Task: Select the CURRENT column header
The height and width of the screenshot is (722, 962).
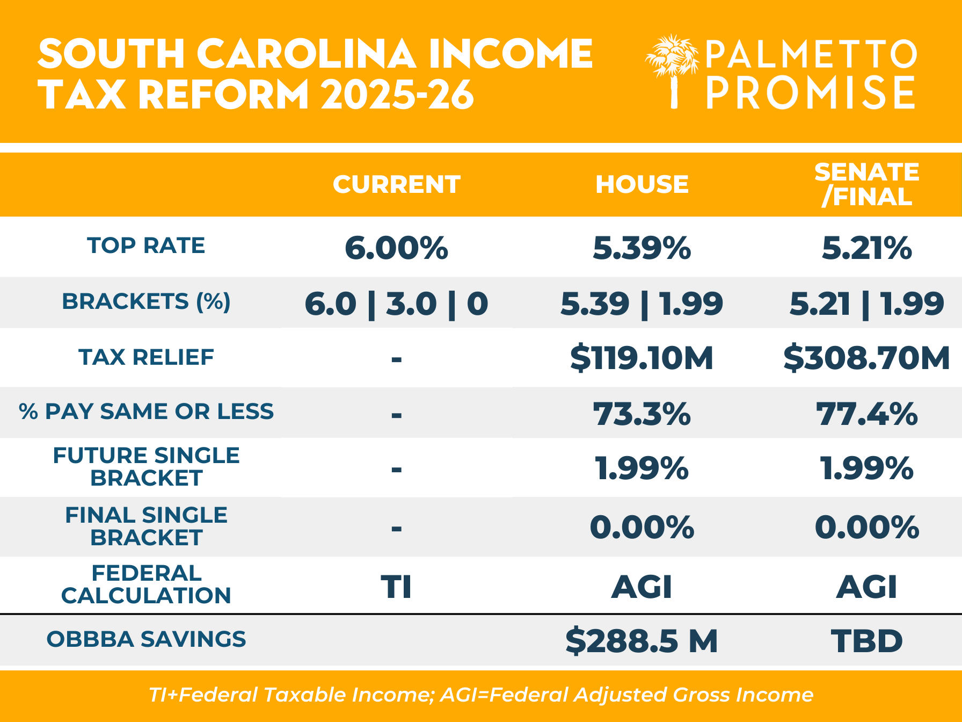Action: click(396, 184)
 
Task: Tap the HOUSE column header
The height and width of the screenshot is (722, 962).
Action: click(642, 184)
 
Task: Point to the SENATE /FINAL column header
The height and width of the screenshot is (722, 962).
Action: click(866, 184)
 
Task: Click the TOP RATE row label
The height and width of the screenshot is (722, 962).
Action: click(146, 246)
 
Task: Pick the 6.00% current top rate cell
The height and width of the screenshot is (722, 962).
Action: click(396, 248)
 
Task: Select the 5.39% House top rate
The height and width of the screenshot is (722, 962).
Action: click(642, 248)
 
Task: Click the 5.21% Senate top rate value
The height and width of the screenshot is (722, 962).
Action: click(866, 248)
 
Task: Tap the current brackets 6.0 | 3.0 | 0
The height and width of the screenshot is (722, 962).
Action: click(396, 304)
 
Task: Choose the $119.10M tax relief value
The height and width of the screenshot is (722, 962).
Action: click(642, 358)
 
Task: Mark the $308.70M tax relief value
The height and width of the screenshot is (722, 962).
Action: click(866, 358)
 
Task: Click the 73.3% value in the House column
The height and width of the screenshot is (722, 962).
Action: click(642, 414)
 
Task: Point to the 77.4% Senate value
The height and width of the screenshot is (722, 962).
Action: click(866, 414)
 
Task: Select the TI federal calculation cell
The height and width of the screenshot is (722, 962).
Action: click(396, 586)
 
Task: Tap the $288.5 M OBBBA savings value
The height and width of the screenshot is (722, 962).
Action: click(642, 640)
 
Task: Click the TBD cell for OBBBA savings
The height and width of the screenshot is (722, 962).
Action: click(866, 640)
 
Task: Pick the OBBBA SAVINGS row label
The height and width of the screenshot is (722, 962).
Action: click(146, 639)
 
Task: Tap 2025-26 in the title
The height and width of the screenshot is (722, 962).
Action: click(397, 95)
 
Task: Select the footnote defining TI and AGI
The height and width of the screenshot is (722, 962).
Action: click(481, 695)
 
